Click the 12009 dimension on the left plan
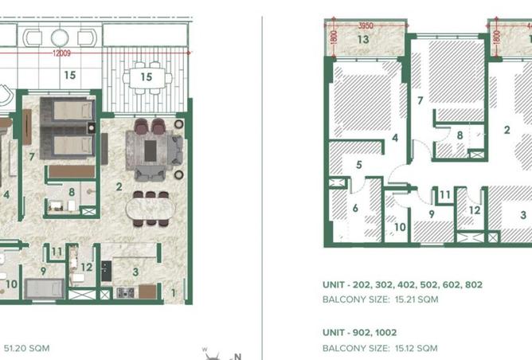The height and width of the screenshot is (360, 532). [61, 53]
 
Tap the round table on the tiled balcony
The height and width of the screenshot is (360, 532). [60, 37]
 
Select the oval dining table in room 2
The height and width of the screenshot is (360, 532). [151, 209]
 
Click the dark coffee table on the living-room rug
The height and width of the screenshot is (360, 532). [151, 151]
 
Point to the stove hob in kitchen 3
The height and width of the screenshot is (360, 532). [125, 292]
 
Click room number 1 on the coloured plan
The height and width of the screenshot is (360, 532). [174, 292]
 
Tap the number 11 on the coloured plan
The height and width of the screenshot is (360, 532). [57, 252]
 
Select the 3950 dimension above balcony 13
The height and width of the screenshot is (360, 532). [366, 25]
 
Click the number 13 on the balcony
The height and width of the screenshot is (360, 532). [363, 39]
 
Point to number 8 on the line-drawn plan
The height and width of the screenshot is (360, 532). [460, 135]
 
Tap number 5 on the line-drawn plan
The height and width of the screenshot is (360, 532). [359, 165]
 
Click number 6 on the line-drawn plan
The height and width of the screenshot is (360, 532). [355, 208]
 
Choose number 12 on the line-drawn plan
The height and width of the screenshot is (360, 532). [475, 210]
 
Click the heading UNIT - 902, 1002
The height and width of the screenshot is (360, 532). [360, 332]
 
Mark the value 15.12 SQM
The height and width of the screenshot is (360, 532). [416, 348]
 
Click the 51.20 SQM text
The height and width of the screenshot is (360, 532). [26, 348]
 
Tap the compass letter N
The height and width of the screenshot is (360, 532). [238, 357]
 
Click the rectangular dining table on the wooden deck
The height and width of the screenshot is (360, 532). [147, 78]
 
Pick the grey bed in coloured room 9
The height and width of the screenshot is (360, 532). [44, 289]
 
